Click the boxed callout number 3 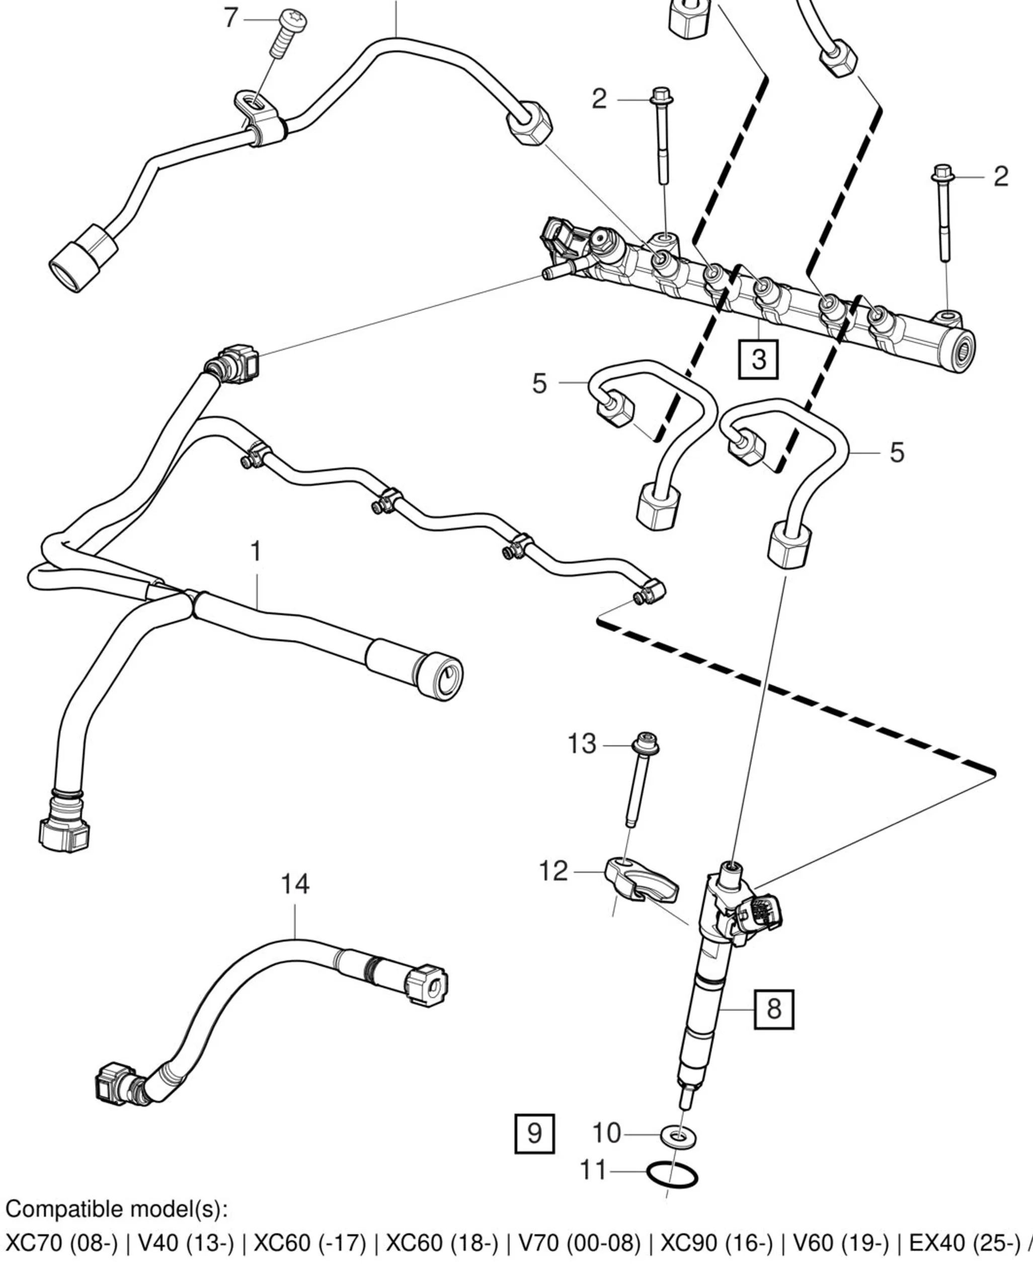[758, 359]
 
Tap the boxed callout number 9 [534, 1134]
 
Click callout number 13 [581, 744]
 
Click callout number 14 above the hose [295, 884]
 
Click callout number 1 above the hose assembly [256, 551]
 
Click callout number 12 [553, 871]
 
